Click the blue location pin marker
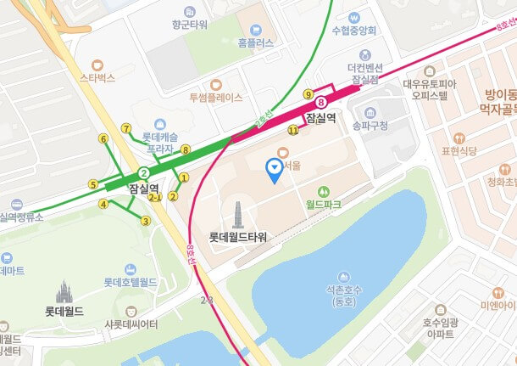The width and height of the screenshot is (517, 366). click(274, 170)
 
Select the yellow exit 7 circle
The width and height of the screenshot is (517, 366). click(126, 129)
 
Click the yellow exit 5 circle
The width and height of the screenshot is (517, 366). click(92, 184)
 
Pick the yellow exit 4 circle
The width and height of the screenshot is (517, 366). click(103, 204)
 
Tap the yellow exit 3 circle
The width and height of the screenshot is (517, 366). click(146, 221)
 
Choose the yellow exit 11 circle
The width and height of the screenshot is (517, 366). click(293, 130)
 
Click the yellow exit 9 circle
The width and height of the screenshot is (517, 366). click(308, 93)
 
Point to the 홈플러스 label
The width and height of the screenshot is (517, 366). click(255, 42)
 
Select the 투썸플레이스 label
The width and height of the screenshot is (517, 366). click(215, 97)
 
